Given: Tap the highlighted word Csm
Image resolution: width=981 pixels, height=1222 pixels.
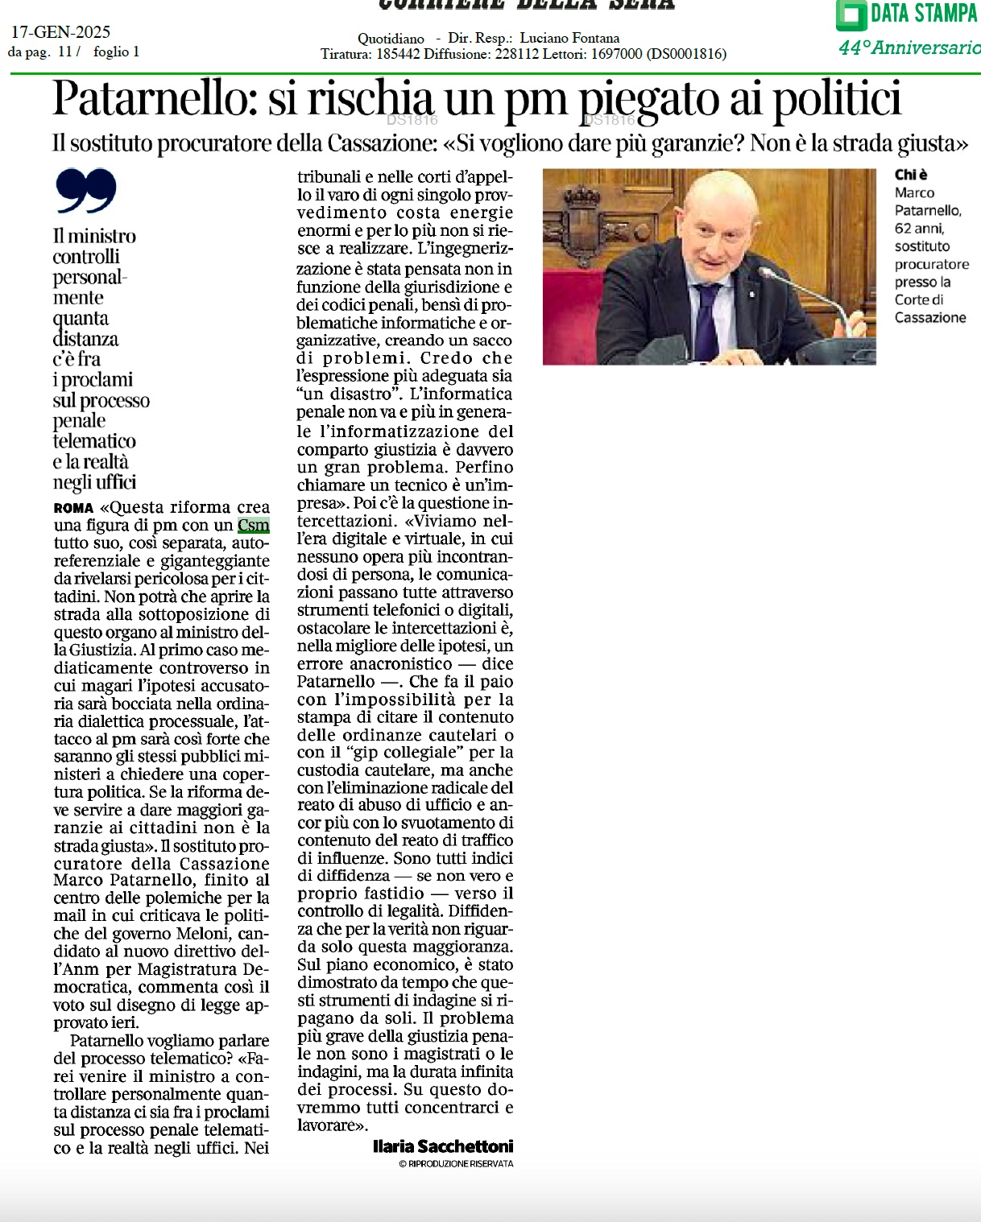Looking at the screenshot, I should click(254, 526).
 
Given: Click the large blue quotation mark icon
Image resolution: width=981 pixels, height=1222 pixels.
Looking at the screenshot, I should click(86, 191).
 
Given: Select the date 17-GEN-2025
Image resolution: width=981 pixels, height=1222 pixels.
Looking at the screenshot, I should click(60, 32).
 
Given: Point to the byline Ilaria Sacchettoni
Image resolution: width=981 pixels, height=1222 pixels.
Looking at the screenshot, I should click(443, 1146).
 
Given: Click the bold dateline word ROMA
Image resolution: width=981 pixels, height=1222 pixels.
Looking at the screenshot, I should click(73, 508).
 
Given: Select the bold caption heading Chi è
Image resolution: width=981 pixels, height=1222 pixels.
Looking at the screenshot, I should click(911, 175).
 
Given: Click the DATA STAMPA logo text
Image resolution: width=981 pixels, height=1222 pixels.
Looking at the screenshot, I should click(923, 14).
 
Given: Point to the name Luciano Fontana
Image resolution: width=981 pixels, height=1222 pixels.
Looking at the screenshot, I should click(569, 38).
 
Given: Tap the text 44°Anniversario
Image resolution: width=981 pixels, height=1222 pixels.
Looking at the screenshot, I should click(909, 47).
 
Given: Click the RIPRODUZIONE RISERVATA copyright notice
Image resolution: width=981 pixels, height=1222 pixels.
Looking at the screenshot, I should click(456, 1163).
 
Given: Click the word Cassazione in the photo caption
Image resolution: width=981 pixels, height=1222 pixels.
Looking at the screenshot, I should click(930, 318).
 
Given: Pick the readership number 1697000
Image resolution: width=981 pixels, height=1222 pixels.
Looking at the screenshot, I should click(616, 54).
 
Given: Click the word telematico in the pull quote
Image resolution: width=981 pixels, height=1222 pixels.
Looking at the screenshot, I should click(94, 441).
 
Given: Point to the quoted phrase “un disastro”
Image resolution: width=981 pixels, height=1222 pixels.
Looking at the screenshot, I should click(348, 394).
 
